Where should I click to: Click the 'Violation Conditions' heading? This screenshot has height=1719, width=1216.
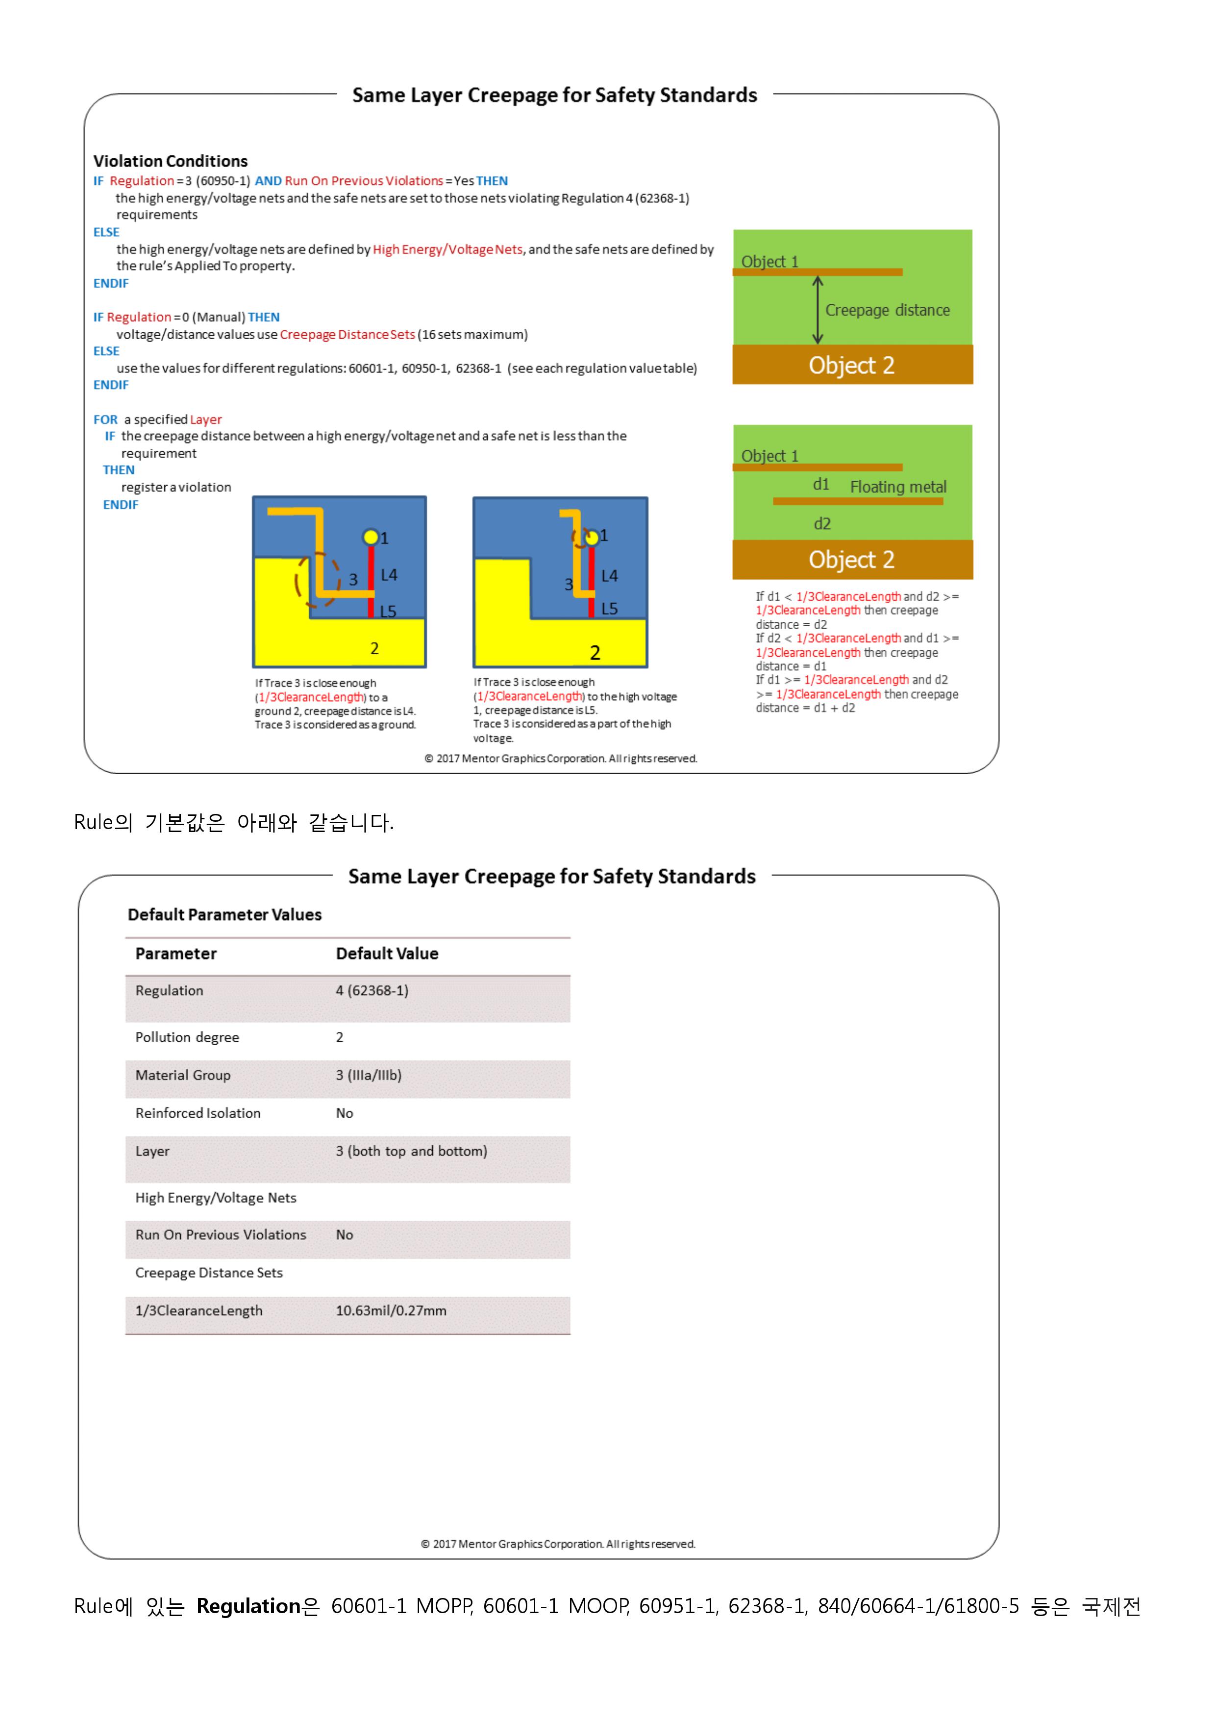click(x=170, y=161)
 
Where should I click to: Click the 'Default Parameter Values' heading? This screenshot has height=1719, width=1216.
click(x=224, y=914)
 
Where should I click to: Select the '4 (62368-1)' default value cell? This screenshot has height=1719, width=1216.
click(x=372, y=990)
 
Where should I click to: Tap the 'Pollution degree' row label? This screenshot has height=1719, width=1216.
click(x=187, y=1037)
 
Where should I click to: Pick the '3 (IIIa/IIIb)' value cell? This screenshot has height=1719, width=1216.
click(x=369, y=1075)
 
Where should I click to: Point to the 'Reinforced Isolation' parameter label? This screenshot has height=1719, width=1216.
click(x=198, y=1113)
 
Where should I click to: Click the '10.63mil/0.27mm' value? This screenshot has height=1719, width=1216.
click(x=391, y=1310)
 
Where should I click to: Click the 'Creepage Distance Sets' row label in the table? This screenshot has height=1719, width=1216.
click(x=209, y=1273)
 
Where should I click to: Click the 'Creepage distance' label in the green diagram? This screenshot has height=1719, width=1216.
click(x=887, y=310)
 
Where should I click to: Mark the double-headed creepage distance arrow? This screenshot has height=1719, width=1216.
click(x=818, y=310)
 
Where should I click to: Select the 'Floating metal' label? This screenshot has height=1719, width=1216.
click(x=898, y=488)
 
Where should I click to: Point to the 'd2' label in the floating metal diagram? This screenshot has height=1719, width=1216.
click(x=822, y=524)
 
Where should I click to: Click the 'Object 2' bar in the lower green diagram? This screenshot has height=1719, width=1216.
click(x=852, y=560)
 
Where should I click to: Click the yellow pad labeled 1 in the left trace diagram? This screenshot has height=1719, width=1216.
click(x=371, y=537)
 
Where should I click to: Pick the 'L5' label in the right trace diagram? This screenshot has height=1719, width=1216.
click(x=610, y=609)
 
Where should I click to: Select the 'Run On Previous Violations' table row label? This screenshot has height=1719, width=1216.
click(x=221, y=1234)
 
